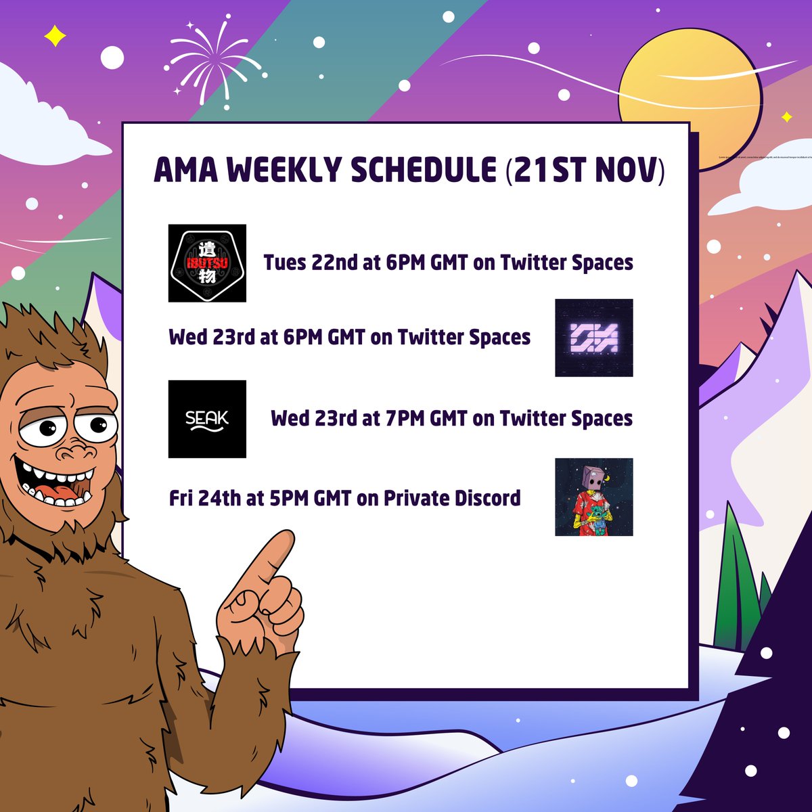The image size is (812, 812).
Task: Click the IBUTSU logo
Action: coord(207,263)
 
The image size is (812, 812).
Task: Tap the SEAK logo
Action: coord(207,419)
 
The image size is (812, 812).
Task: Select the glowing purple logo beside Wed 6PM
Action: coord(593,338)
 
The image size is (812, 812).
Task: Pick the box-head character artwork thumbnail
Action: coord(593,497)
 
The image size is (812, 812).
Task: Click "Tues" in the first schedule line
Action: coord(285,263)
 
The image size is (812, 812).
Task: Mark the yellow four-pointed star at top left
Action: coord(55,36)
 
